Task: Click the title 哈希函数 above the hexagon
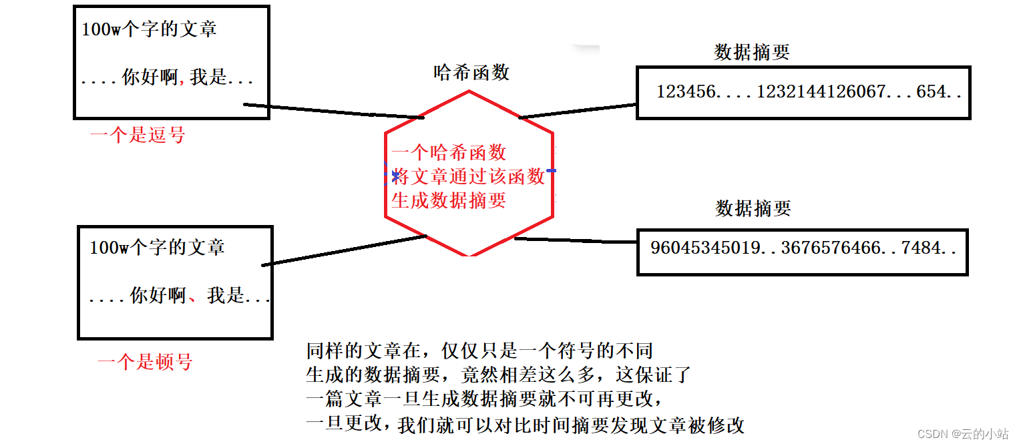471,72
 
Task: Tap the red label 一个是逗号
138,136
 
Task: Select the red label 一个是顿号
145,363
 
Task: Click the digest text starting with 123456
809,91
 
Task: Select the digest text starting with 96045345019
803,248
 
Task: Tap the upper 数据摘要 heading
752,53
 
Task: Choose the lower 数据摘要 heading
753,208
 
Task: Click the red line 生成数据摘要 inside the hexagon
449,200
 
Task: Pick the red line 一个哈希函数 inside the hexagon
449,153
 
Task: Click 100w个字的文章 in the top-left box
149,29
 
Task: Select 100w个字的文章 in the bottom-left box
157,248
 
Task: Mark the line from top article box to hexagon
334,111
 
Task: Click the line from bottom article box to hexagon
344,250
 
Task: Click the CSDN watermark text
962,433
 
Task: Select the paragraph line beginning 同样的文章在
479,351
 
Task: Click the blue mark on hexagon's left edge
395,176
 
